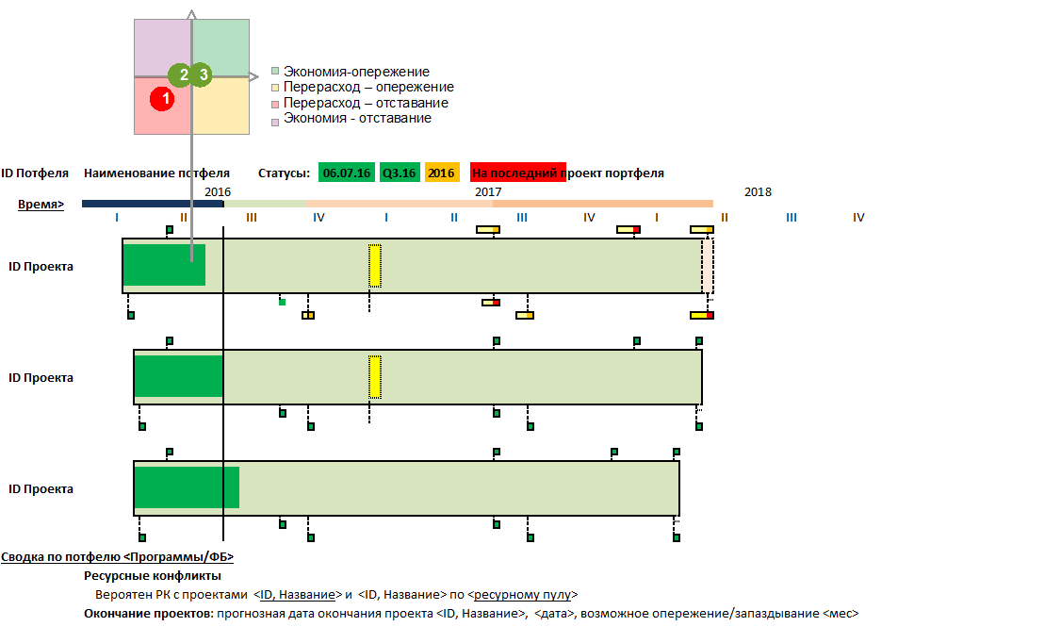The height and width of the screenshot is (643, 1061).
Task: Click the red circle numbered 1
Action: pos(162,97)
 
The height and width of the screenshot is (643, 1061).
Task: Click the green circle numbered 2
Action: pos(181,74)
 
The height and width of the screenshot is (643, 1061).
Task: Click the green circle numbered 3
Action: pos(202,74)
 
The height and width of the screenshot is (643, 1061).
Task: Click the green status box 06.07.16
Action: pos(346,173)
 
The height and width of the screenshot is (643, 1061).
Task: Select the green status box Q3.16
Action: pos(399,173)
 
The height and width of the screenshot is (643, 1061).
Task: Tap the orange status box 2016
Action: pos(441,173)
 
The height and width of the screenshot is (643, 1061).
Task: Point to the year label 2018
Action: pos(758,192)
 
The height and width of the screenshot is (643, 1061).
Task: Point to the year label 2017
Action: pos(488,192)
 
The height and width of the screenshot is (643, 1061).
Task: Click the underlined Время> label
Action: pos(41,204)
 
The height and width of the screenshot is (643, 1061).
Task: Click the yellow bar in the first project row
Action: pos(375,266)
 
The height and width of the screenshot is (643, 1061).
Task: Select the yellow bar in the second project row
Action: pos(375,377)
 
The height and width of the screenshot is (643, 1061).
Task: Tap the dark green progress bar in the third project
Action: pos(186,487)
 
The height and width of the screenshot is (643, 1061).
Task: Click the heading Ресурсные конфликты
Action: pos(152,576)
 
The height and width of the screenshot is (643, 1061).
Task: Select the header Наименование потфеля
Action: pos(156,173)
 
